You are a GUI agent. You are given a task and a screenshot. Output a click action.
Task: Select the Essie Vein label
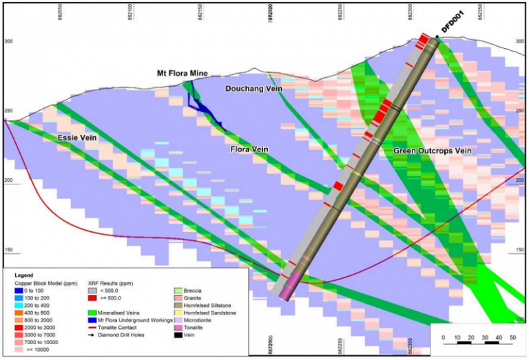pyautogui.click(x=76, y=138)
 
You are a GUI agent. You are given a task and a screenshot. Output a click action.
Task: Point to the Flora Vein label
pyautogui.click(x=248, y=149)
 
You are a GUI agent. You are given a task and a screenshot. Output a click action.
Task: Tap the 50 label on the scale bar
pyautogui.click(x=512, y=337)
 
